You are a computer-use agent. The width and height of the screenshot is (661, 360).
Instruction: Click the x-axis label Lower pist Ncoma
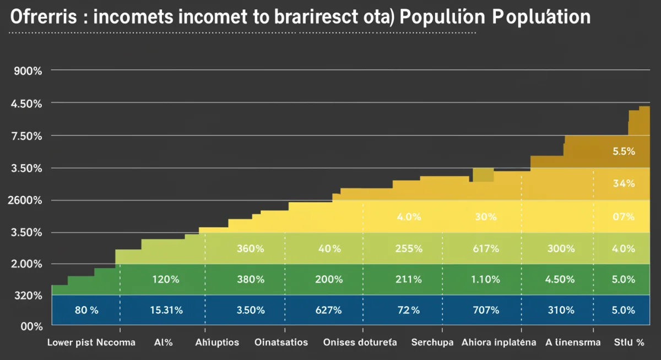click(91, 342)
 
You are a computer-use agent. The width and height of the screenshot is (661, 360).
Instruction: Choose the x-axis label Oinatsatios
click(281, 342)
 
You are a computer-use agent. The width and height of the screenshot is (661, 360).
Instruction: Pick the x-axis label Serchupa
click(432, 342)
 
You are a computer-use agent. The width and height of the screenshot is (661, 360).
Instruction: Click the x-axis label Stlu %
click(629, 342)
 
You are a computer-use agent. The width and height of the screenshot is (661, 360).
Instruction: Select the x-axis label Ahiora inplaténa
click(499, 342)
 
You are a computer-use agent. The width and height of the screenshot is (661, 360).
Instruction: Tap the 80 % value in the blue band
click(86, 310)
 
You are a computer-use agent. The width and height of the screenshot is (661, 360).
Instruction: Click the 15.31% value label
click(166, 310)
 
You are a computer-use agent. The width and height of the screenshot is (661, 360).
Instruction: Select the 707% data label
click(486, 310)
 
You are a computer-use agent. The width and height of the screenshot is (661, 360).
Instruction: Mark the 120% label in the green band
click(166, 280)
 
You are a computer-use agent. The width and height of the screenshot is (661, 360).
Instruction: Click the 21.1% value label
click(409, 280)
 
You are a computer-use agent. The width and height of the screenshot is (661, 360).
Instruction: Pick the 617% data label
click(486, 249)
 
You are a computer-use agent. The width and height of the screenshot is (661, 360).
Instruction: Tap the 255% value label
click(409, 249)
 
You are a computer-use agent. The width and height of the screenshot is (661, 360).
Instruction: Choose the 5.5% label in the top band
click(624, 151)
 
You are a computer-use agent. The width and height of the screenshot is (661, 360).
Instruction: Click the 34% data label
click(624, 184)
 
